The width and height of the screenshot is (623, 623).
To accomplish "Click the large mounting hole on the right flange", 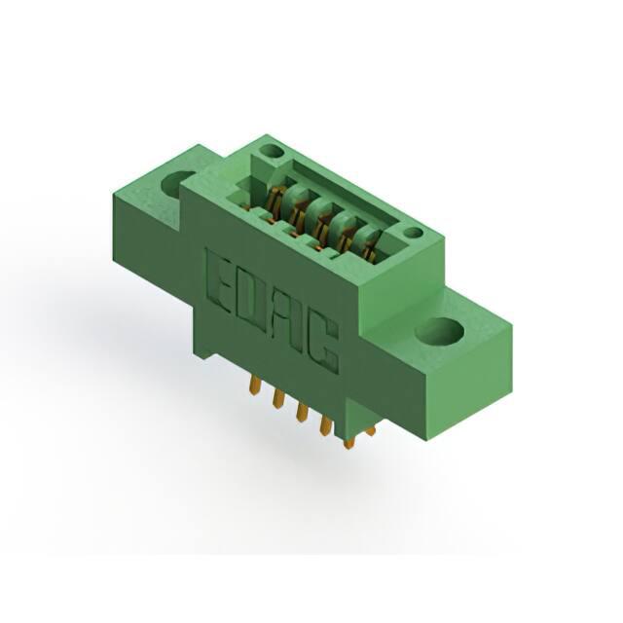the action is tap(440, 331).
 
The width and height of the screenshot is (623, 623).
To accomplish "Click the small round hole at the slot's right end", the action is tap(414, 233).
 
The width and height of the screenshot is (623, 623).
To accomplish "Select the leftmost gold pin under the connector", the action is tap(254, 385).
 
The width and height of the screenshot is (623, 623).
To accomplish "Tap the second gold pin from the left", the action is tap(277, 398).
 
